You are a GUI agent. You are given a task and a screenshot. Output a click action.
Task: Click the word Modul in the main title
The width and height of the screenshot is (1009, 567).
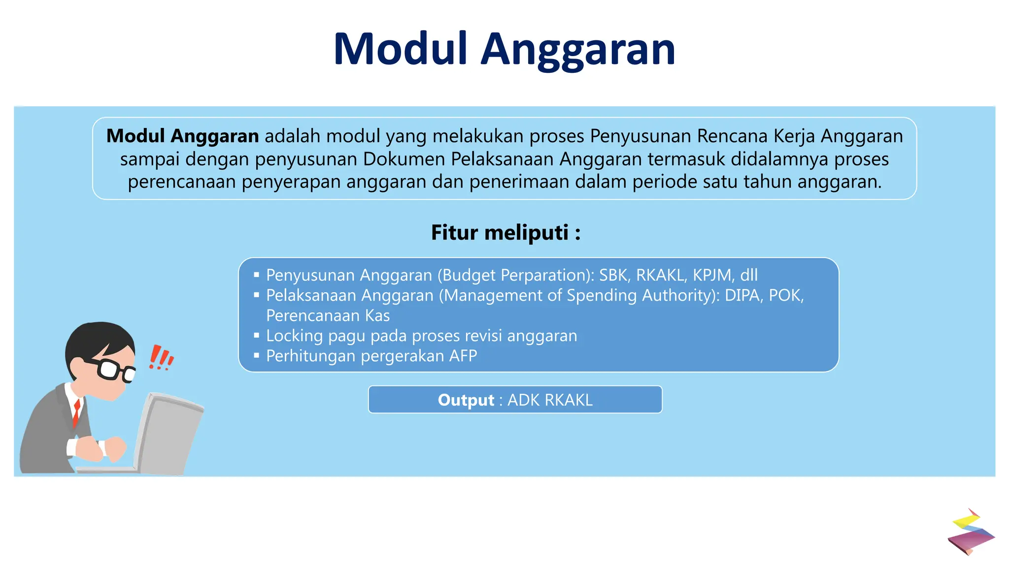[400, 49]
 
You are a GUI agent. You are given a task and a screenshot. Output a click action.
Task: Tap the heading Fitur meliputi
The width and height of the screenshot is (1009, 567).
[505, 232]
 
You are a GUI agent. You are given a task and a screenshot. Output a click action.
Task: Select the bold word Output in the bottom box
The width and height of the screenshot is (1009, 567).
[466, 400]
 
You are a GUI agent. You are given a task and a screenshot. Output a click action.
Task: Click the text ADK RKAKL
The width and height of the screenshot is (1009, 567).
[550, 400]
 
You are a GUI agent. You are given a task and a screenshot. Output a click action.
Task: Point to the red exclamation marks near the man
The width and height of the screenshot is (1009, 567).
[161, 358]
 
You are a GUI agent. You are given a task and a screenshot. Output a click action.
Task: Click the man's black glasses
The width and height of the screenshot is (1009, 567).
[113, 369]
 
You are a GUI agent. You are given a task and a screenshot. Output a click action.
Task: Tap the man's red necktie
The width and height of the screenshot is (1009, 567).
[76, 412]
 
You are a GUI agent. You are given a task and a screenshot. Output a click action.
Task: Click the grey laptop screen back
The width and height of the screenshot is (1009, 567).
[170, 433]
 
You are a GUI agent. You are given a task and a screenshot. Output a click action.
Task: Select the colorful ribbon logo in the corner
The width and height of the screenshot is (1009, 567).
[970, 533]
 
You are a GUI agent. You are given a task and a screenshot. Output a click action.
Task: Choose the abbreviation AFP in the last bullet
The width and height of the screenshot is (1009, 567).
[463, 356]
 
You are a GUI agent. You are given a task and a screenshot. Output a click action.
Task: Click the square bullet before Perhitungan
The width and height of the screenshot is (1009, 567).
[256, 355]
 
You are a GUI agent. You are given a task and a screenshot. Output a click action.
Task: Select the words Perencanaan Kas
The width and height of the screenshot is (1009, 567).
[328, 315]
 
